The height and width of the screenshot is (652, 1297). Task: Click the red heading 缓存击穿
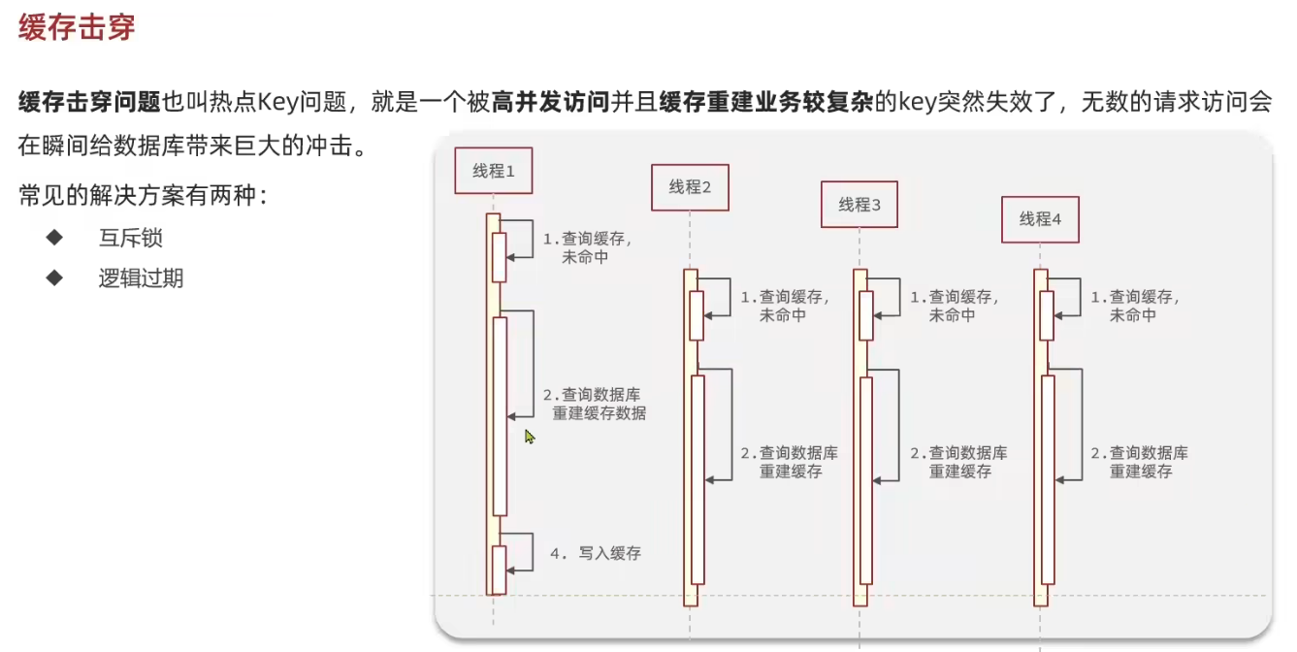click(x=77, y=27)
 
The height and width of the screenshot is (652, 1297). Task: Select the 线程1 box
click(x=494, y=172)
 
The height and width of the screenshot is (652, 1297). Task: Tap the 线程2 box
click(x=690, y=187)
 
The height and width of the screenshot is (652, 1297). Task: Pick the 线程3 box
click(x=859, y=205)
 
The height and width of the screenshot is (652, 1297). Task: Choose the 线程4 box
click(x=1040, y=219)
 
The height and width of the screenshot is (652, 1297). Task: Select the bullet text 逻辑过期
click(x=141, y=279)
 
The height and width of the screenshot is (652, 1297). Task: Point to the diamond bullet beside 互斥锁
click(x=54, y=238)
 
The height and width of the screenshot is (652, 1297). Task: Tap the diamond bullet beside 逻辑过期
click(x=54, y=278)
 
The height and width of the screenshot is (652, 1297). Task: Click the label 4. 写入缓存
click(x=596, y=553)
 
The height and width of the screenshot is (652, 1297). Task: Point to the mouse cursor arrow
click(x=529, y=437)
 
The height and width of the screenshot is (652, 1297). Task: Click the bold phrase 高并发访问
click(x=551, y=102)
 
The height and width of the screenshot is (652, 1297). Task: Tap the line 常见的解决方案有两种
click(x=143, y=196)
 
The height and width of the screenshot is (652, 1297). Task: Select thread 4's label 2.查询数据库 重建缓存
click(x=1139, y=462)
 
